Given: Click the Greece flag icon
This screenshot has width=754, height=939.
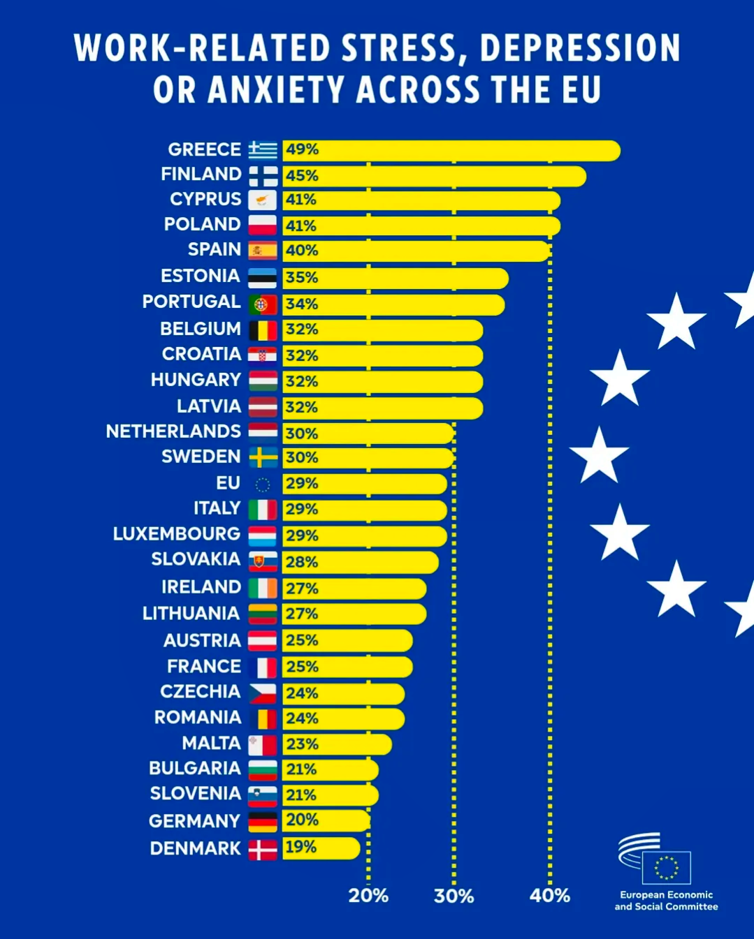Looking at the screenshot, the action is [x=263, y=150].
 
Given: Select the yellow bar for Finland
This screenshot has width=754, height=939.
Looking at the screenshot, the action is [x=434, y=176].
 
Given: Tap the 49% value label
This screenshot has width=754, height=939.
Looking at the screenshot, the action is [x=303, y=149].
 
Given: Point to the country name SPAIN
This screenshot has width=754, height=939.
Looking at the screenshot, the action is [x=215, y=249].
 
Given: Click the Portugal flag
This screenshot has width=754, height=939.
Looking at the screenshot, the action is [x=263, y=304].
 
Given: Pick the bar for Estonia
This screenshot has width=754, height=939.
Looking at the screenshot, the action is [x=396, y=279].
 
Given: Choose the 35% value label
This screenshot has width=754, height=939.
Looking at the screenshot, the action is [x=302, y=278].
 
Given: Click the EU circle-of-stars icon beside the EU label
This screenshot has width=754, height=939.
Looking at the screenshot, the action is [x=263, y=485].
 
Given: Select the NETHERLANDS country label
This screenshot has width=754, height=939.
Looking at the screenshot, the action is [x=173, y=431].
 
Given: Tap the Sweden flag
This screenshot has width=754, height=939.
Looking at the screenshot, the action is [x=263, y=457].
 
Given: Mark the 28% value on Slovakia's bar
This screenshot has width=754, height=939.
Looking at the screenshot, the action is [x=302, y=562].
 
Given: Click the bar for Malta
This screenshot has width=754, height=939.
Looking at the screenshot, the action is [x=338, y=744].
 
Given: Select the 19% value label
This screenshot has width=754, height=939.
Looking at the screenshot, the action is [x=301, y=847].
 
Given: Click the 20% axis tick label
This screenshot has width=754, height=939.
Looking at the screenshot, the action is [x=368, y=896].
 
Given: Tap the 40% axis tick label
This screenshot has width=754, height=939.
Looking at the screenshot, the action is [x=549, y=896].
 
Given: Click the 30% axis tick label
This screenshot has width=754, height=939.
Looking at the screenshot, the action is [x=454, y=896].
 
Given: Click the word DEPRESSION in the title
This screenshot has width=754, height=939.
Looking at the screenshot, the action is [x=580, y=47].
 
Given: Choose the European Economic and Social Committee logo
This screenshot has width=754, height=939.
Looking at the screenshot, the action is [x=666, y=873].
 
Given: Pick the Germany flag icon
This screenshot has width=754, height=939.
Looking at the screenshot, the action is [x=263, y=822].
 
